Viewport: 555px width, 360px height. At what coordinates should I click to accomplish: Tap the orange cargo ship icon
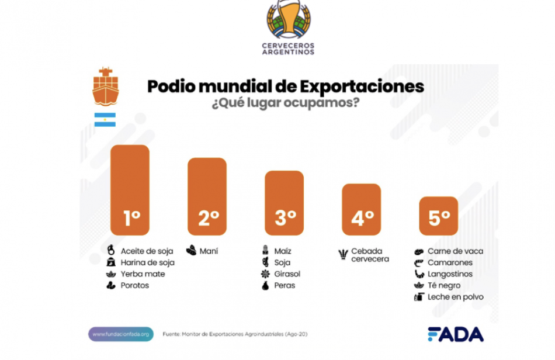click(105, 86)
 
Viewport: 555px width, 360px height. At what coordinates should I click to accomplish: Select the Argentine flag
click(105, 120)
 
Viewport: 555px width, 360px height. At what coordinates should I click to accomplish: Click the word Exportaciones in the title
click(362, 86)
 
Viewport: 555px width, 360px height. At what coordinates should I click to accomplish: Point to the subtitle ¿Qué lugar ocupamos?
click(285, 104)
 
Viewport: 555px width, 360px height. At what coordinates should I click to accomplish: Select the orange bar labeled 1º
click(130, 190)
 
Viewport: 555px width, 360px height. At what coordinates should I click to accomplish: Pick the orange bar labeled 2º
click(207, 196)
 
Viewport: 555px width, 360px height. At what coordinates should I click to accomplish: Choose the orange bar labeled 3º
click(285, 203)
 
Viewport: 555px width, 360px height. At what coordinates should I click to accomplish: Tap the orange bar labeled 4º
click(361, 209)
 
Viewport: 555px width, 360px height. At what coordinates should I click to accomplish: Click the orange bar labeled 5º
click(439, 216)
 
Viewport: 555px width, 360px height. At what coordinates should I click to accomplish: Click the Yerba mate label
click(143, 274)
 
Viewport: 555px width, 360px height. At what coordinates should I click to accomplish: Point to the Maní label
click(209, 251)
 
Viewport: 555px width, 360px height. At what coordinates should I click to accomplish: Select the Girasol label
click(287, 274)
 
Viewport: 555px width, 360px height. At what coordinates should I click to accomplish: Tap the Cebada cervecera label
click(370, 255)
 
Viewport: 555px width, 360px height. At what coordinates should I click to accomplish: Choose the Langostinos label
click(450, 274)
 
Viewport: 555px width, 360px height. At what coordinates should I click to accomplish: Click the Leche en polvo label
click(455, 297)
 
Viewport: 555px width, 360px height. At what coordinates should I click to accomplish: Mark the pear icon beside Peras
click(265, 286)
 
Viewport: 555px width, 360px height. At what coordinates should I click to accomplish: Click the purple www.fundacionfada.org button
click(121, 334)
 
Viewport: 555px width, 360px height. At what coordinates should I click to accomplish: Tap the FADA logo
click(455, 334)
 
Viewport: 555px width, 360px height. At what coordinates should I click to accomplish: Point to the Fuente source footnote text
click(235, 334)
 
